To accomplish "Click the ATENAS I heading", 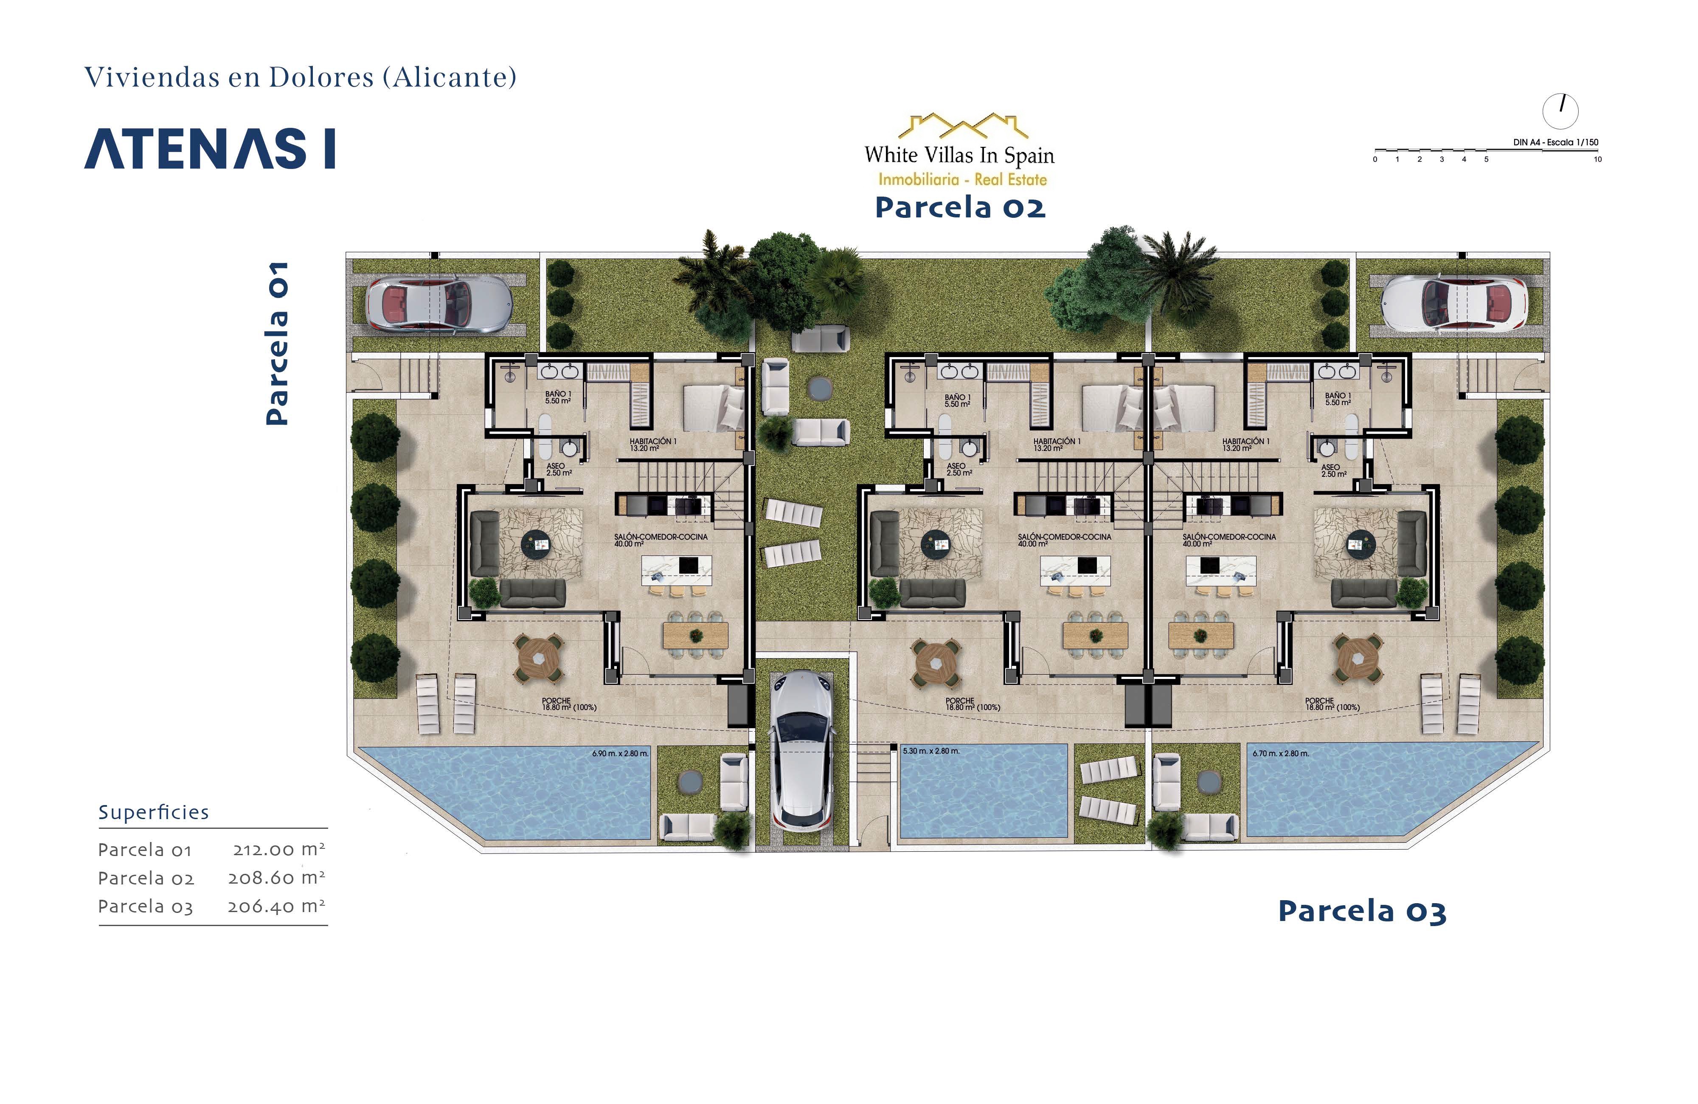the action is tap(210, 149).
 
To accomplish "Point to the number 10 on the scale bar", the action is tap(1597, 159).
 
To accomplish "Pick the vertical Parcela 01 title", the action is tap(277, 344).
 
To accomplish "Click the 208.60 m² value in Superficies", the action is tap(276, 877).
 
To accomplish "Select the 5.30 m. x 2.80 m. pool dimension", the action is tap(931, 751).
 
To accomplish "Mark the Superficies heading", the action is tap(153, 812).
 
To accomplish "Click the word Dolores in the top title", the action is tap(320, 77).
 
